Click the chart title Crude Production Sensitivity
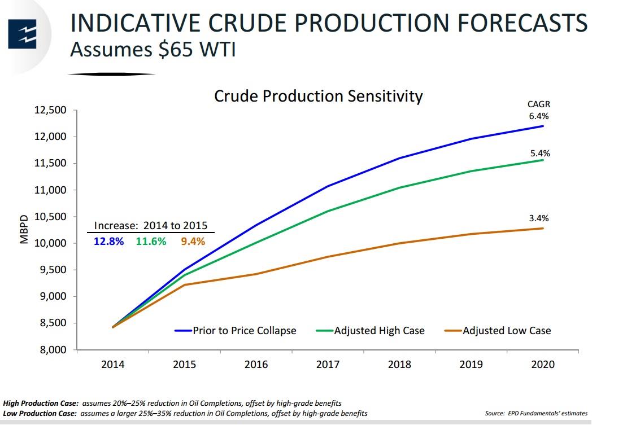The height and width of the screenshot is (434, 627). point(318,96)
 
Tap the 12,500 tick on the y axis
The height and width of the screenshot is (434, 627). point(51,110)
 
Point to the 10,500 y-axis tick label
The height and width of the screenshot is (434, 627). point(51,217)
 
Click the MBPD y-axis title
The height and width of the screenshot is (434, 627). point(24,229)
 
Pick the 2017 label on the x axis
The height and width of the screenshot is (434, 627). point(328,365)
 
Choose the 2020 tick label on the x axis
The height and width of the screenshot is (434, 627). point(543,365)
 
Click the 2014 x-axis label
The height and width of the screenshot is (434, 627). point(113,365)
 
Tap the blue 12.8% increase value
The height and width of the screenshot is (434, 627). point(108,242)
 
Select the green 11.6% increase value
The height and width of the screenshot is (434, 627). point(151,242)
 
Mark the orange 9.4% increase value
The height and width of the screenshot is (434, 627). point(193,242)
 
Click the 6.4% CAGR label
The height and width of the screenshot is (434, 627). point(538,116)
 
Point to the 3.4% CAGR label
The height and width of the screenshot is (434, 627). point(538,218)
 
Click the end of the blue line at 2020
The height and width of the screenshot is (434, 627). point(543,126)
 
